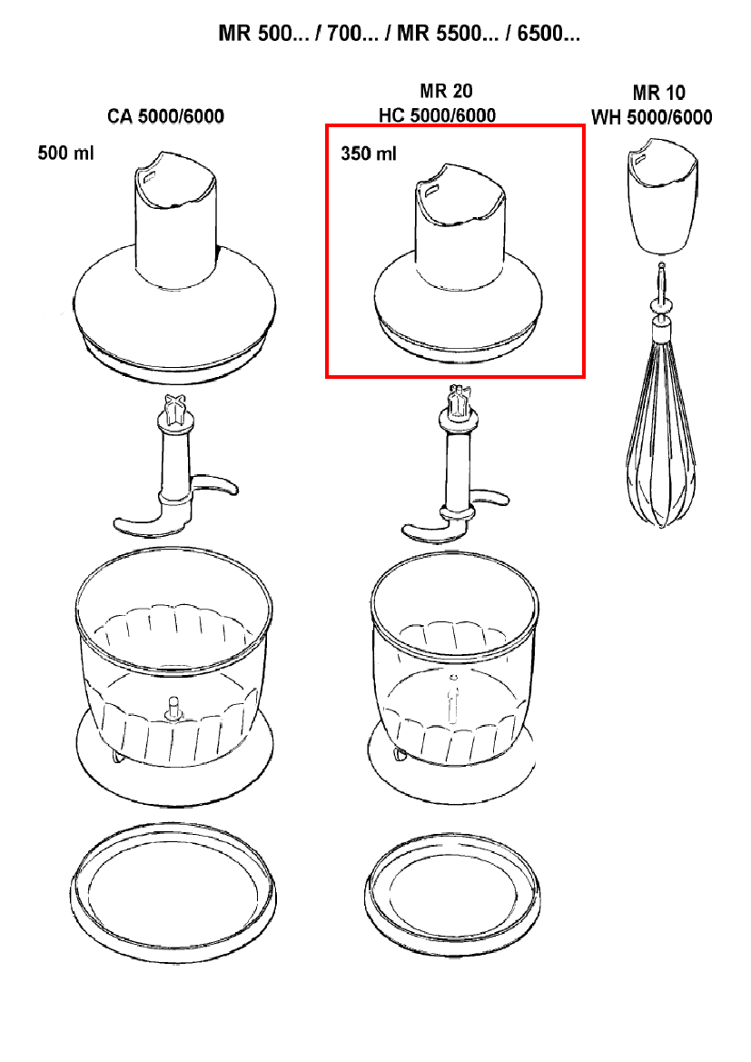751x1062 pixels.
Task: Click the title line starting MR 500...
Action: point(400,35)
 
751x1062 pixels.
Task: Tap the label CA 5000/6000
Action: point(165,116)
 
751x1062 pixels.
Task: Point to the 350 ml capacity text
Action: point(369,154)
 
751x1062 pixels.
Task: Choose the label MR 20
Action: point(446,91)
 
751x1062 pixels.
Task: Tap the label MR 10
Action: point(658,93)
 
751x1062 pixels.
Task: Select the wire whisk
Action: point(661,436)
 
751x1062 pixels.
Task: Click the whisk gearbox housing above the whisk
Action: point(661,195)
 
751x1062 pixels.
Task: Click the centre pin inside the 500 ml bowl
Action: point(172,708)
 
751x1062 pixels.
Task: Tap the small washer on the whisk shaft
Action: point(660,306)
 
